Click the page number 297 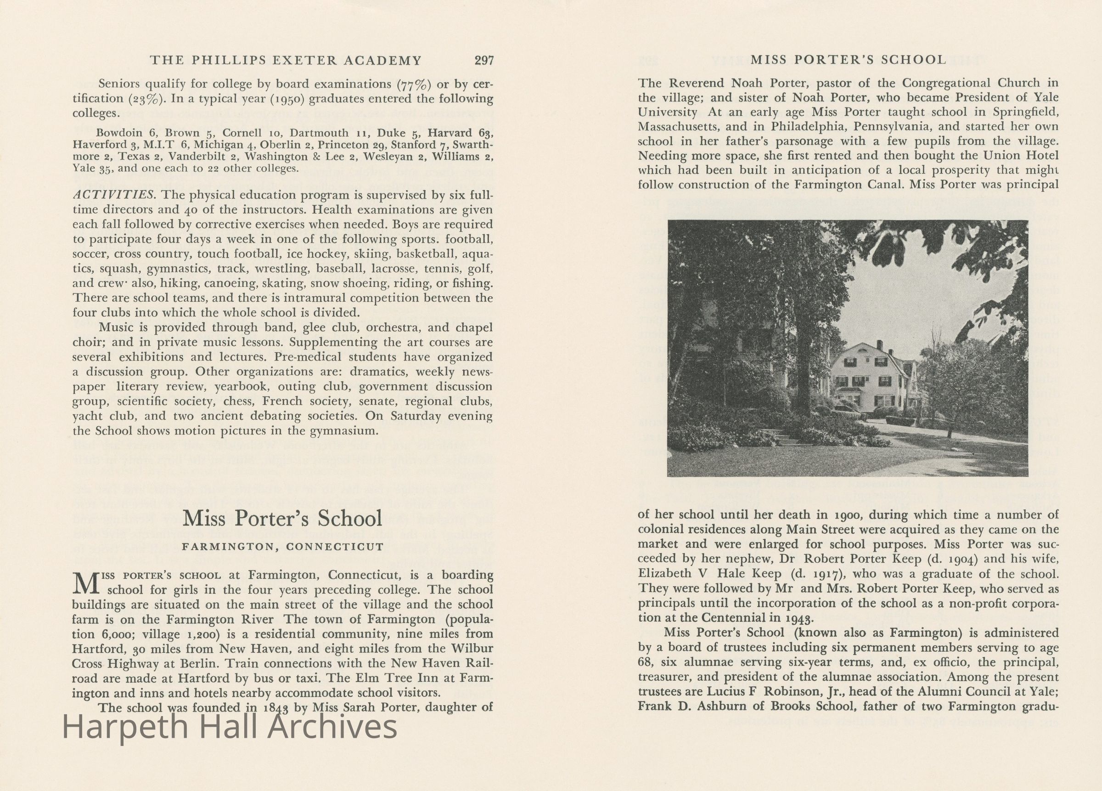click(484, 61)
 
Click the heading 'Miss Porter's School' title click(283, 519)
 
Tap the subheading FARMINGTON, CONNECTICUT click(283, 547)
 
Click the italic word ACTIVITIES click(114, 195)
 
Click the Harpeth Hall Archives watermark click(230, 728)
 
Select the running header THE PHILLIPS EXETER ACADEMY click(286, 61)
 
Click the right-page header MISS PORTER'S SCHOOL click(848, 60)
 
